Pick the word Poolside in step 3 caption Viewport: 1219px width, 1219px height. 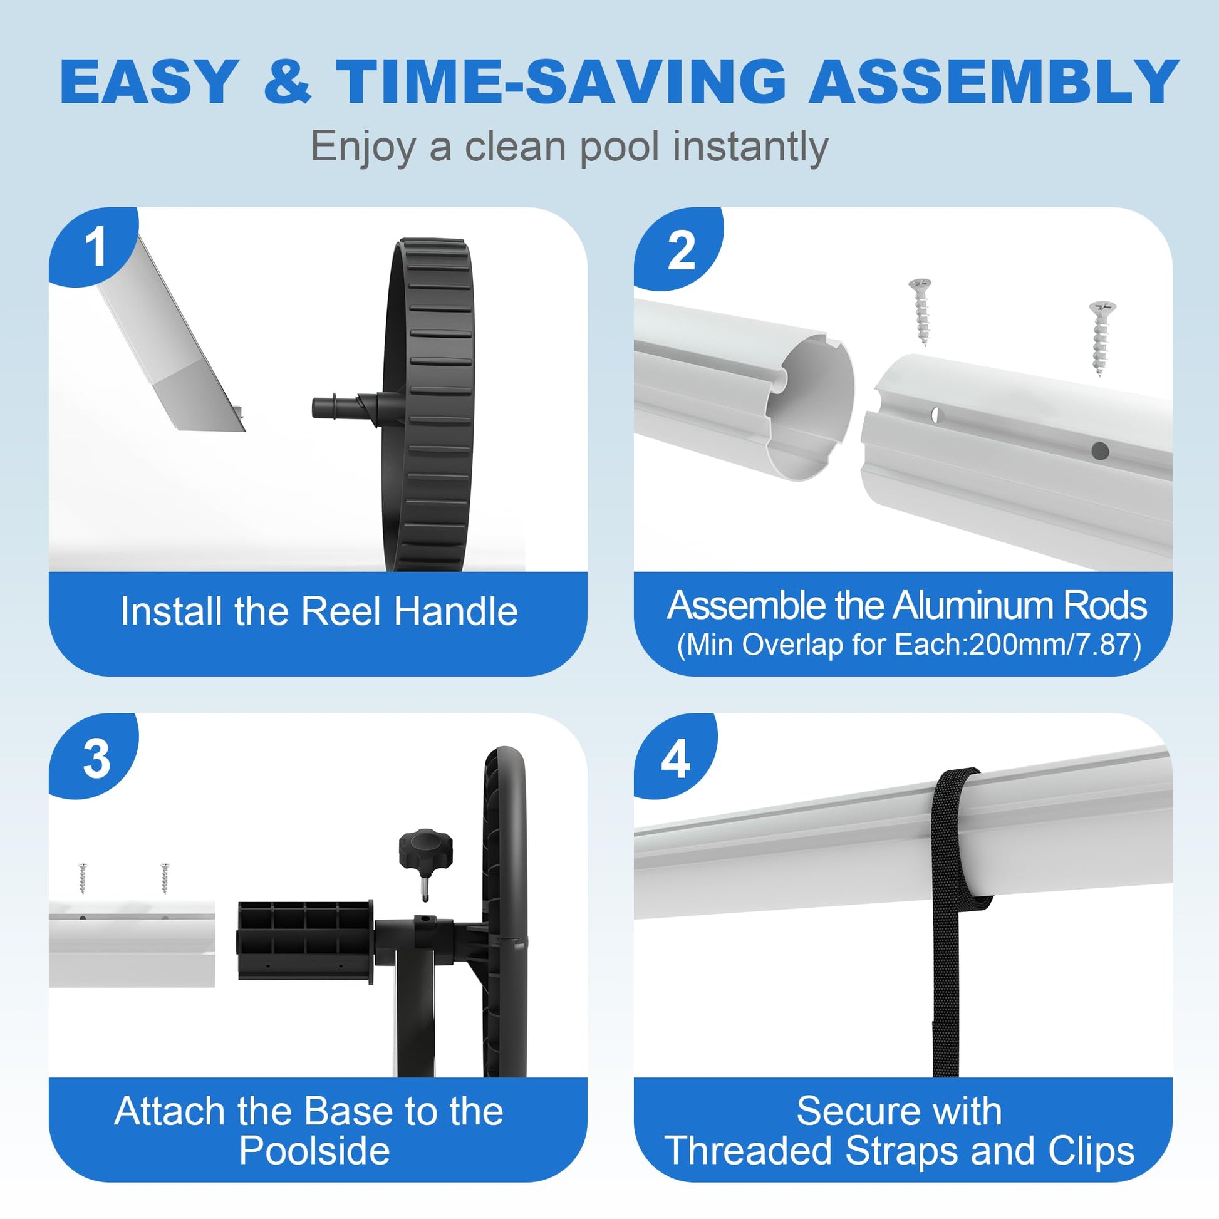(x=314, y=1150)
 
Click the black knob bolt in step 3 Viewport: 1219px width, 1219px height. (x=426, y=861)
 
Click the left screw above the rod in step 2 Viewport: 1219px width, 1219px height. (x=921, y=311)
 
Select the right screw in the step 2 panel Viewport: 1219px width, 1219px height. (x=1101, y=338)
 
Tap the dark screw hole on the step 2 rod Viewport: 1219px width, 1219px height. (x=1100, y=450)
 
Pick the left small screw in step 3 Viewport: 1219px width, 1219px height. (x=82, y=878)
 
